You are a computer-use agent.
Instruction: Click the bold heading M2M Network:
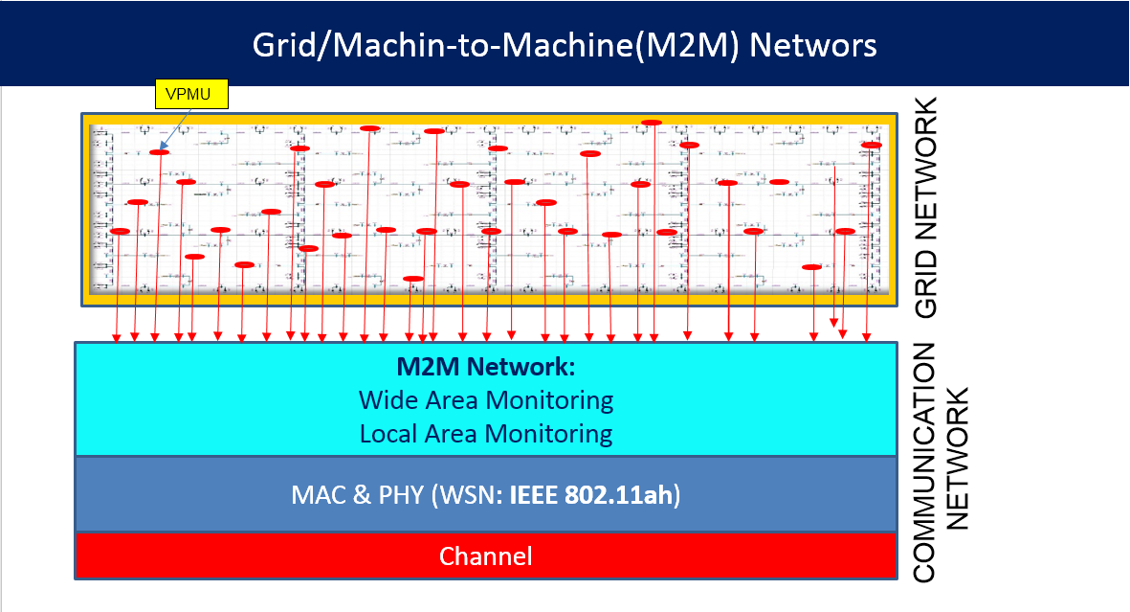(486, 367)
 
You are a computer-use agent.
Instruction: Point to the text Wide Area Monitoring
(486, 399)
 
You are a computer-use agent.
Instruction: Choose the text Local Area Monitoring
(486, 434)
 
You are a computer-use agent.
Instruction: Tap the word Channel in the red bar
(486, 556)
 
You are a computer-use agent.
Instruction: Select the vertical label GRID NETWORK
(926, 208)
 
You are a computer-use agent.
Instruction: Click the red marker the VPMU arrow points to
(160, 152)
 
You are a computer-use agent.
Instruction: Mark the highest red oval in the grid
(652, 123)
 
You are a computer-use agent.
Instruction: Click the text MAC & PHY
(358, 496)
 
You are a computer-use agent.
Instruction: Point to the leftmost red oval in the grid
(120, 232)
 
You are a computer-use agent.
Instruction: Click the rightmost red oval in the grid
(872, 146)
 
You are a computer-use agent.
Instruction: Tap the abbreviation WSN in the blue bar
(467, 496)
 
